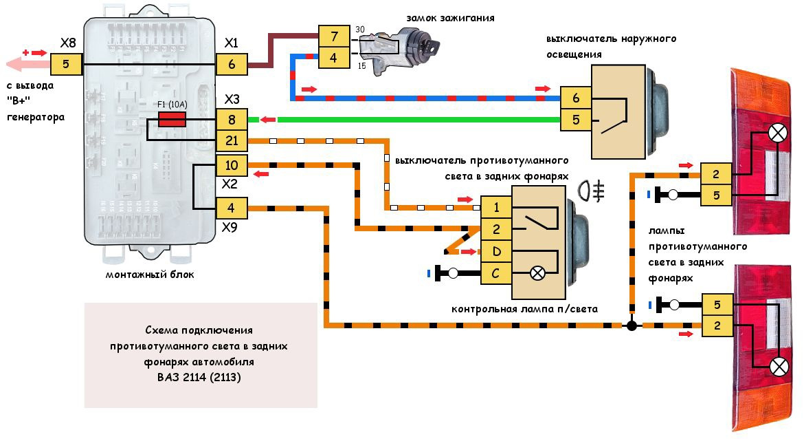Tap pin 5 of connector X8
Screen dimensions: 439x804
pos(67,65)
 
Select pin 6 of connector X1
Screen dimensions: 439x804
pos(232,65)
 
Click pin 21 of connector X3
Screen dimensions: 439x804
pos(232,141)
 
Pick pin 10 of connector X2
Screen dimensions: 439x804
pos(232,165)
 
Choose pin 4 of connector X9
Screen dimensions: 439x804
pos(232,207)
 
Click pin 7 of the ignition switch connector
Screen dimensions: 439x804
pos(334,35)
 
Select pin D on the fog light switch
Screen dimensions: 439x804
pos(495,250)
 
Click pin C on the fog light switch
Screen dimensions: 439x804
pos(495,272)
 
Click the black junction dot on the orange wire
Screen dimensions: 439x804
pos(631,325)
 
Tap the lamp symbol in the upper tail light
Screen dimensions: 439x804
pos(778,133)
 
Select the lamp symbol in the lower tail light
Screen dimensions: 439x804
pos(778,366)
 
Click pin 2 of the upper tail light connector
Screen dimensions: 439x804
pos(716,173)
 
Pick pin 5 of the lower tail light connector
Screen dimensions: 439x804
pos(717,303)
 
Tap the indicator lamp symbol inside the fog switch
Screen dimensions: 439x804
pos(538,273)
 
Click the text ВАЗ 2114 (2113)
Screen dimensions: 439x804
pos(199,377)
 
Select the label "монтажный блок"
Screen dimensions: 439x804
pos(150,275)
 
